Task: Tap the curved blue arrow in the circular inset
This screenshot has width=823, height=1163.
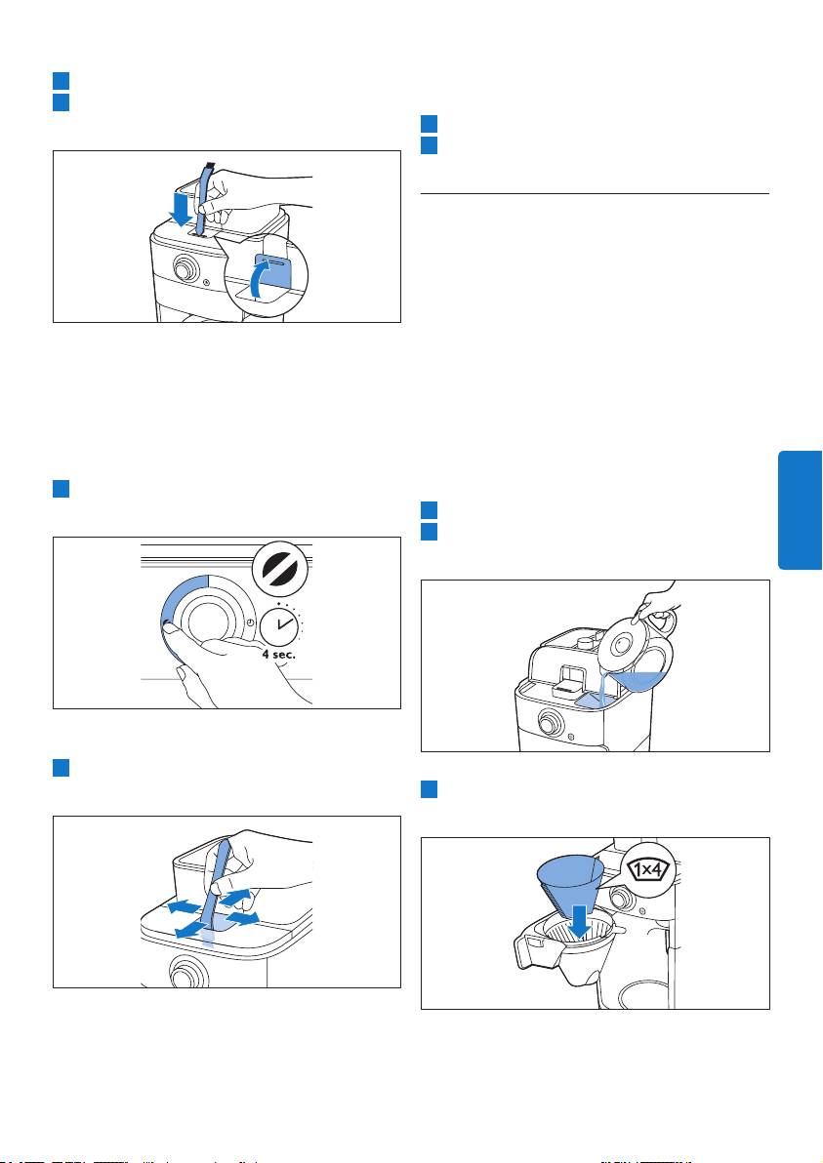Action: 265,280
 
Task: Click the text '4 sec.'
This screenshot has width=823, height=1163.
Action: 278,655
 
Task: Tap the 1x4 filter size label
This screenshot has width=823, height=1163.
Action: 650,869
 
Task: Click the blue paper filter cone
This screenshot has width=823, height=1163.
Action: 569,886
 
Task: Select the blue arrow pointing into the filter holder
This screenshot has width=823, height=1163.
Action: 581,920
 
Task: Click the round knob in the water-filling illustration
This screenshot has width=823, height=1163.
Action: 550,721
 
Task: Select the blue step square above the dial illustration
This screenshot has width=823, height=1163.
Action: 61,489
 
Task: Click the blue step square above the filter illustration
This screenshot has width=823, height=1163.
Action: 429,790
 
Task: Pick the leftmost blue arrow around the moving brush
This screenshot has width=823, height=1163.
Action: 183,907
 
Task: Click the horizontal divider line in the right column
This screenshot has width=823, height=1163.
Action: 595,193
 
